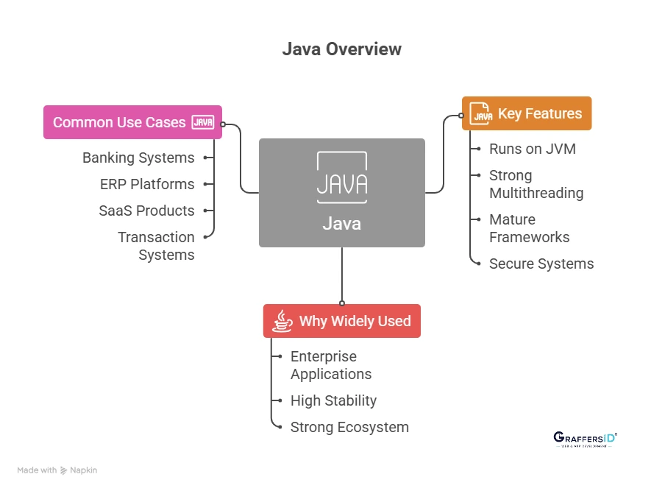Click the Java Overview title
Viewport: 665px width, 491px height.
point(342,49)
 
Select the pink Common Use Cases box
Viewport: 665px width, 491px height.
point(132,122)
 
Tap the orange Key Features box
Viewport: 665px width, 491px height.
point(526,113)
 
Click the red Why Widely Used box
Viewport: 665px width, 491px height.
point(342,321)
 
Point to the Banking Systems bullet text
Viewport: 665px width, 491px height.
point(138,158)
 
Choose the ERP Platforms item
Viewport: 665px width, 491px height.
point(147,184)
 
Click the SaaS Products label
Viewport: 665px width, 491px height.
point(146,211)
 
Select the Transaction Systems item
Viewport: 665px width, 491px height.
point(156,246)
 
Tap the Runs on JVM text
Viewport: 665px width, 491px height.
point(533,149)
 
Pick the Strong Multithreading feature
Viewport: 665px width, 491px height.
point(536,184)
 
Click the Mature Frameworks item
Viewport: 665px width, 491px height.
point(530,228)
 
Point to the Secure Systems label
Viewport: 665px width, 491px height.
point(541,264)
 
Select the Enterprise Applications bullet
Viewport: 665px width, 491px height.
point(331,365)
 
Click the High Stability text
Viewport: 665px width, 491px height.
point(333,400)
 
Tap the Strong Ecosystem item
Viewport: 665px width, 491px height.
point(349,427)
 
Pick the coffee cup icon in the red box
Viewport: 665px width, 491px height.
point(282,321)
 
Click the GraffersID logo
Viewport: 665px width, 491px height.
point(585,439)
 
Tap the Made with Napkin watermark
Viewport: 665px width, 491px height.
point(57,470)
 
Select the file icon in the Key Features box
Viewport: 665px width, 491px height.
point(481,113)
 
